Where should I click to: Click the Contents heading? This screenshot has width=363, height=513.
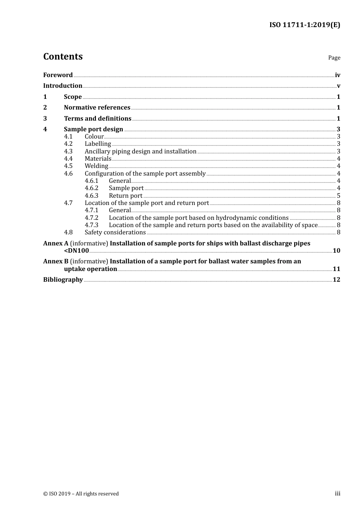(x=63, y=56)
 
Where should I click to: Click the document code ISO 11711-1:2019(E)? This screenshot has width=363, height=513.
(x=305, y=25)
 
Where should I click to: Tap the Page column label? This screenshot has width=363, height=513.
(x=334, y=58)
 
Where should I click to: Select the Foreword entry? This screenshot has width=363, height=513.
(x=58, y=75)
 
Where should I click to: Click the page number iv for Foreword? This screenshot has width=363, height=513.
(x=337, y=75)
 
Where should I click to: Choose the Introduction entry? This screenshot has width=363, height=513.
(x=63, y=86)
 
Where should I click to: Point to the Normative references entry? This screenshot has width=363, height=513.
(x=97, y=108)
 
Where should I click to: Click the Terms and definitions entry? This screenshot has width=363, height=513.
(x=97, y=119)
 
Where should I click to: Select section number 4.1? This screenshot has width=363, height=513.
(x=68, y=137)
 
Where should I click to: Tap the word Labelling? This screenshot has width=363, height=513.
(x=98, y=144)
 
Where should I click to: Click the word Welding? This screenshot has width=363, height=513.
(x=96, y=166)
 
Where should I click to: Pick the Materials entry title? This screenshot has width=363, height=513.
(x=98, y=159)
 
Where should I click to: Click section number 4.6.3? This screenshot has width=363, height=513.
(x=91, y=196)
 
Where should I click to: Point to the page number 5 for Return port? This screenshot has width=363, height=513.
(x=339, y=196)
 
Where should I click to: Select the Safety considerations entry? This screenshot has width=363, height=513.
(x=115, y=232)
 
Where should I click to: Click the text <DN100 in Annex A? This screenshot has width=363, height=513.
(x=76, y=251)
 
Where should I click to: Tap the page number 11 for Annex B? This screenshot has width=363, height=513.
(x=336, y=269)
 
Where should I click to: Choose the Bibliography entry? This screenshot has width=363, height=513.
(x=63, y=280)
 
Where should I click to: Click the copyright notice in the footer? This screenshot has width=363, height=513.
(x=81, y=494)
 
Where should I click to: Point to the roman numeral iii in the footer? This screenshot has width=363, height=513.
(x=337, y=494)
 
